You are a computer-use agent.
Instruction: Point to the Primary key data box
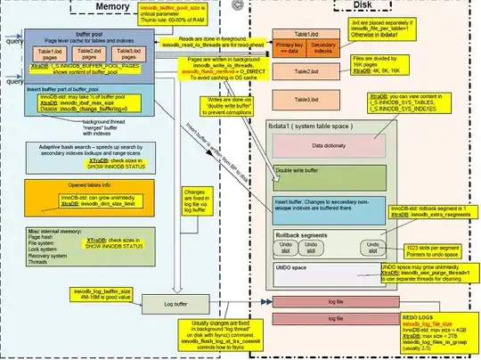[x=290, y=49]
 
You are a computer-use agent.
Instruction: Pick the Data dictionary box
[x=329, y=144]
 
